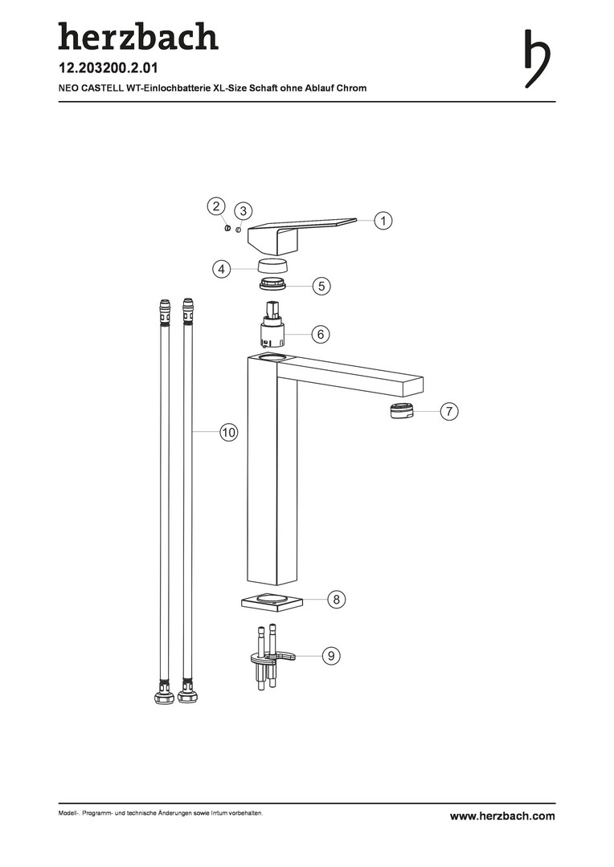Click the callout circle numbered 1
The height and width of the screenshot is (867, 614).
(383, 221)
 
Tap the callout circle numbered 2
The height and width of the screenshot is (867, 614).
(216, 207)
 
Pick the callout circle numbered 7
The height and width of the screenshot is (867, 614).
(449, 411)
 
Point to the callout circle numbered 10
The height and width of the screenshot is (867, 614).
(229, 432)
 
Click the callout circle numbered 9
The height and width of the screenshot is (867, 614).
(331, 656)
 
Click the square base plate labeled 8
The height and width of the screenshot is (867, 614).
(273, 601)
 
